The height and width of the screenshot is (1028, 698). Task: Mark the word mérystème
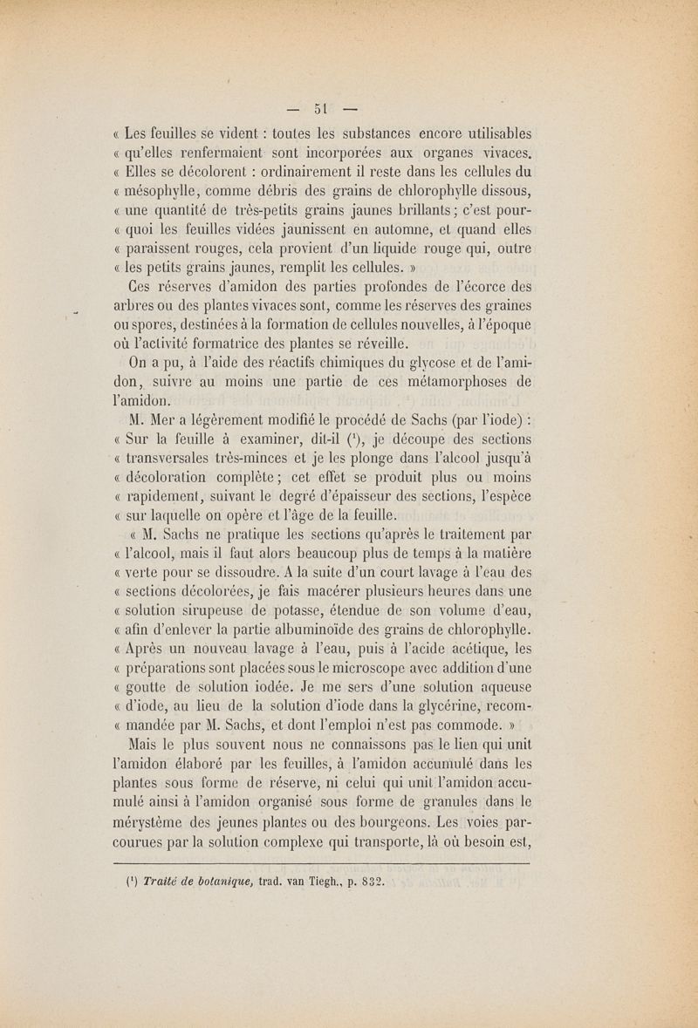163,820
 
